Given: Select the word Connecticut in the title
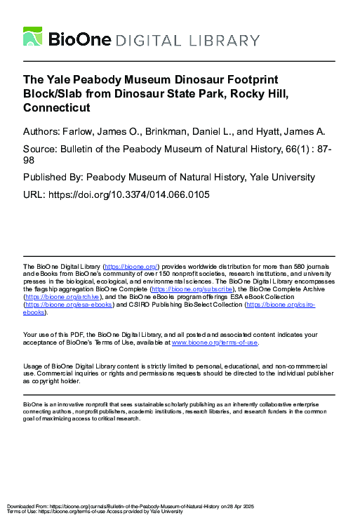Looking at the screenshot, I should [57, 109].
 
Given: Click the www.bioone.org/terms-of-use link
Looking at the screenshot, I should [215, 343].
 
